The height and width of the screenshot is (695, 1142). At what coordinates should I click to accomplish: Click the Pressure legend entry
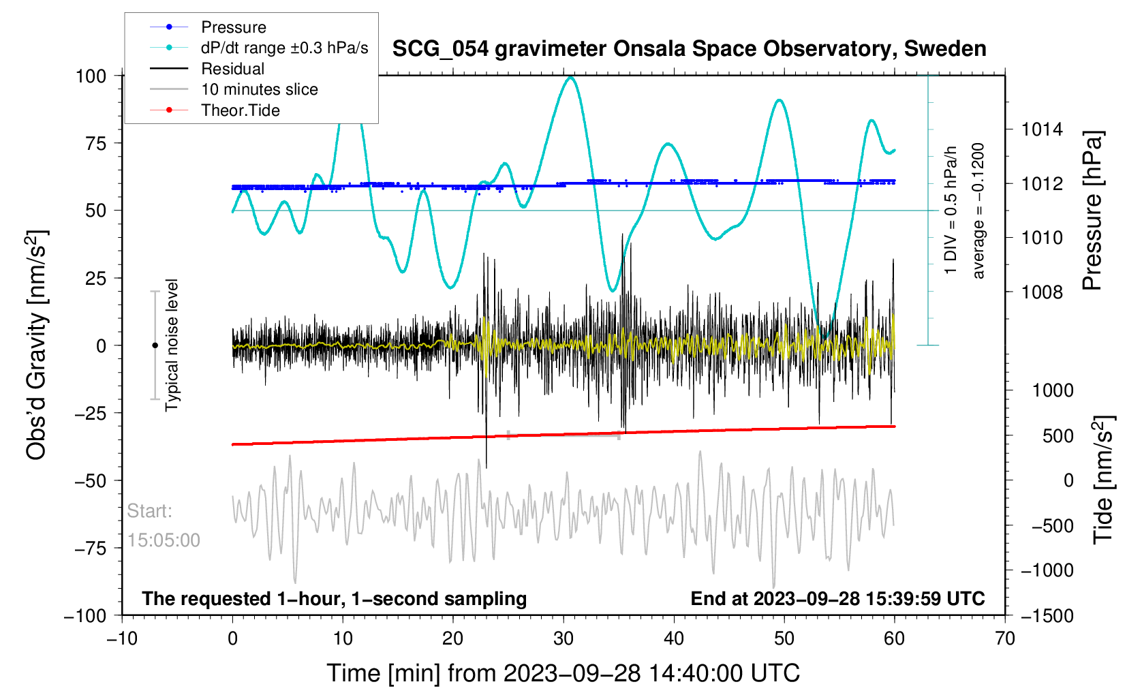233,27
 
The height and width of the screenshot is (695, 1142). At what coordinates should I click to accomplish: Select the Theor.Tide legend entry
240,110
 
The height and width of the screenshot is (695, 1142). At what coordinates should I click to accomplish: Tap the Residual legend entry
232,69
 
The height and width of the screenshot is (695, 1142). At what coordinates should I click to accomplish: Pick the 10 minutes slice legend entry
259,89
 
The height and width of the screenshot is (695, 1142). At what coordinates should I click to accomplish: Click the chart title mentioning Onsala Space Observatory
689,49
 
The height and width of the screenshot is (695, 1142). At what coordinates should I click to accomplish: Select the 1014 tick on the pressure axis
1041,129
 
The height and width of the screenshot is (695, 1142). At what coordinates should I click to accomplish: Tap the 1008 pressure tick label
1041,292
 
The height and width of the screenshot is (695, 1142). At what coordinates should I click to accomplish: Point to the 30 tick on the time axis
564,638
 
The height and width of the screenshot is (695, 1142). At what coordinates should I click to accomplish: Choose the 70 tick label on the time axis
1004,638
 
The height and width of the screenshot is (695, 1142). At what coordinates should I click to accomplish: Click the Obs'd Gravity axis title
37,345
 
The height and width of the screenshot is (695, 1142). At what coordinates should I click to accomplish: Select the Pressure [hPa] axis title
1092,211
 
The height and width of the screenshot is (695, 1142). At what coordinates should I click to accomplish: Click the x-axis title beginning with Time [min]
563,673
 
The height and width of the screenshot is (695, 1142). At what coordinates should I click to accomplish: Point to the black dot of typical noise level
155,345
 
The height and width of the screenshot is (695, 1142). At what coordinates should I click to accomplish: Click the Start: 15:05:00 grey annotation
164,525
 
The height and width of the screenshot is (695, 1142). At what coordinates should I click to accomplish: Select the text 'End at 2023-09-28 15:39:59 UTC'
837,599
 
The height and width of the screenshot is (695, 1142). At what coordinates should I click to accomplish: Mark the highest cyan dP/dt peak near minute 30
570,78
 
